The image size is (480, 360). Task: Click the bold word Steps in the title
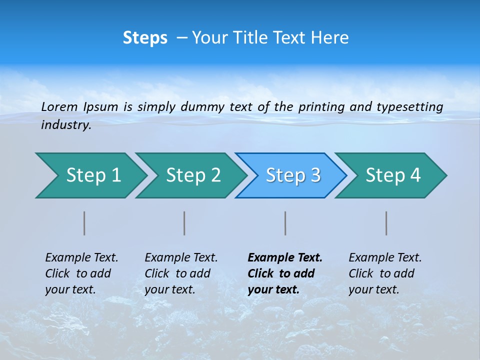tap(145, 38)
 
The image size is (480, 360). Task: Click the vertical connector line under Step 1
tap(84, 223)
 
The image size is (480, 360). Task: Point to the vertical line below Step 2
tap(184, 223)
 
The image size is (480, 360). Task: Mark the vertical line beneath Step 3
tap(285, 223)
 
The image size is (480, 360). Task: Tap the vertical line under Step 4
tap(386, 223)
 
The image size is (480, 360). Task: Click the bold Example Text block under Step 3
tap(284, 273)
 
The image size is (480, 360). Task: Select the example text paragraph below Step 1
tap(81, 273)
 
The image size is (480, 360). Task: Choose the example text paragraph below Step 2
tap(180, 273)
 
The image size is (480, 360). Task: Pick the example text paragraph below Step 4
tap(384, 273)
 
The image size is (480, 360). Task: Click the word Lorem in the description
tap(59, 107)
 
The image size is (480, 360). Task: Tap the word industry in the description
tap(66, 125)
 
